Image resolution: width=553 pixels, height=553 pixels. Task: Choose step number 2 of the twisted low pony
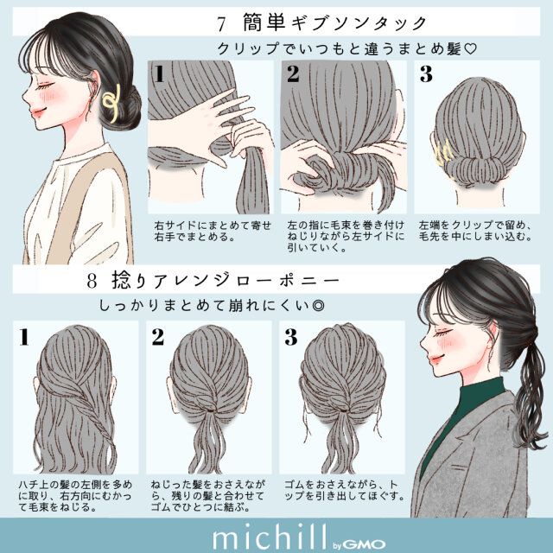[158, 336]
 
